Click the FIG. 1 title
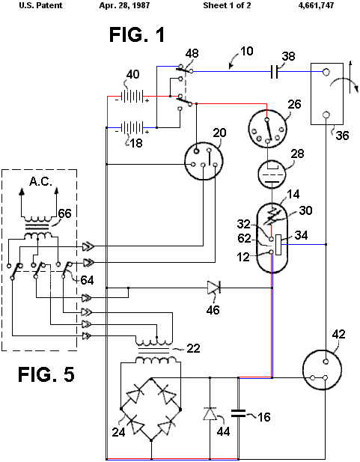[137, 34]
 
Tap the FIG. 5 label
[46, 374]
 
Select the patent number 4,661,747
[316, 5]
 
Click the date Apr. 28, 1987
[124, 5]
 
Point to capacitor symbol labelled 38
[274, 72]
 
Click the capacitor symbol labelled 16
[238, 413]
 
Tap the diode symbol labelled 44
[210, 413]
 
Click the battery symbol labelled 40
[132, 97]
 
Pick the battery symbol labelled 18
[132, 127]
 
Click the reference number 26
[294, 105]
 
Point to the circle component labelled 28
[272, 174]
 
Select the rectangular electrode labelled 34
[278, 245]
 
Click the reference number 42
[338, 335]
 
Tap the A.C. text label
[40, 181]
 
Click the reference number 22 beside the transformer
[193, 349]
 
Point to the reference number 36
[342, 136]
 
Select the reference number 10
[246, 51]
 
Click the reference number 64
[88, 280]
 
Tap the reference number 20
[219, 133]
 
